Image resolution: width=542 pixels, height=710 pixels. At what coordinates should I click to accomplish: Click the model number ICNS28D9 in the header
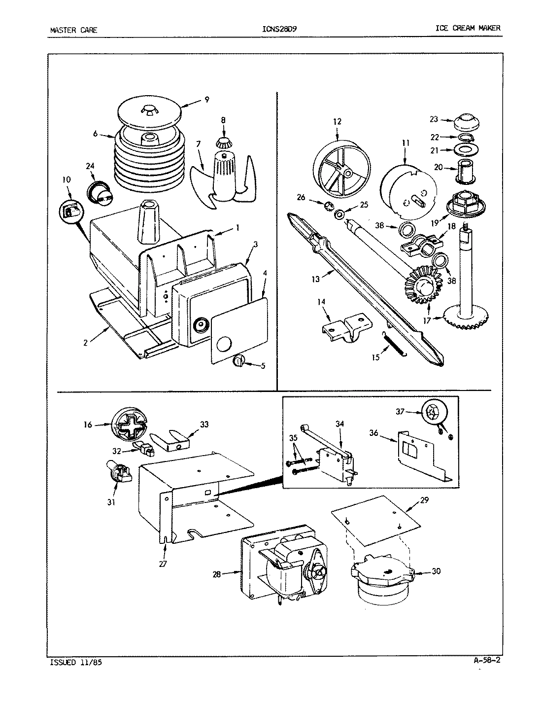pos(280,29)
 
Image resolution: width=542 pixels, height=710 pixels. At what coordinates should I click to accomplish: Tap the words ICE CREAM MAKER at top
pos(468,28)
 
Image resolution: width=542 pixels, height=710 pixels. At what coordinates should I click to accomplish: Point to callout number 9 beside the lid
pos(206,100)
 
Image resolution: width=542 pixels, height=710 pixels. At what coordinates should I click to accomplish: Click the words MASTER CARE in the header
pos(74,30)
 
